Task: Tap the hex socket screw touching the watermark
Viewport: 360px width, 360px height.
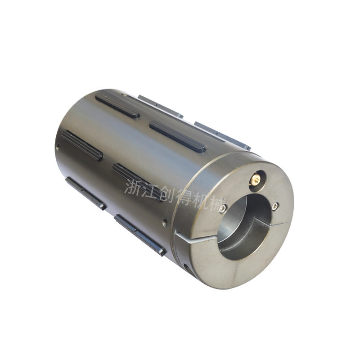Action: (222, 208)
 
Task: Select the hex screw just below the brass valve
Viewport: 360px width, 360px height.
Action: (275, 207)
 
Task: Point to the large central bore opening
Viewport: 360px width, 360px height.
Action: (244, 227)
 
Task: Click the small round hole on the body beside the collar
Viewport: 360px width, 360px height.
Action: (165, 222)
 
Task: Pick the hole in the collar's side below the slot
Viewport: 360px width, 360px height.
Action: (186, 267)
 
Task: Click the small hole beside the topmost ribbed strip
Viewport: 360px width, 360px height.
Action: (124, 94)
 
